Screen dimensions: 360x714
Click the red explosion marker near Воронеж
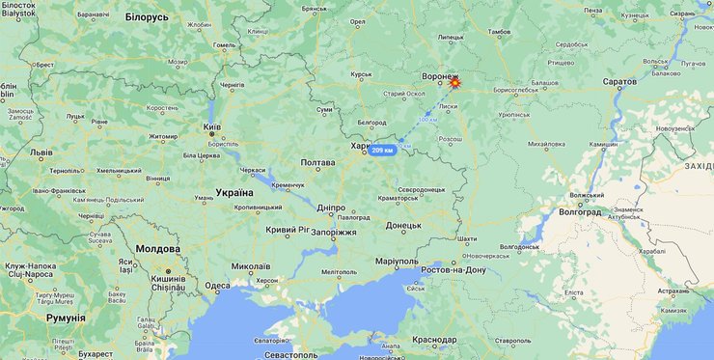(x=454, y=84)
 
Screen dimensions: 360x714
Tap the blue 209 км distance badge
(x=383, y=151)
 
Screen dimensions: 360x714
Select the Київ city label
(x=212, y=127)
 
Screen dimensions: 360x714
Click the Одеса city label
(x=217, y=286)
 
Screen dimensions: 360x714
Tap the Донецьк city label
(x=403, y=225)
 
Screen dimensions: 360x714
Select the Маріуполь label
(x=396, y=261)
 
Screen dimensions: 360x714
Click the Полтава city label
(x=317, y=163)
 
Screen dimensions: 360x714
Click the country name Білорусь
(x=147, y=17)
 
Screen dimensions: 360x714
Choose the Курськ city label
(x=361, y=74)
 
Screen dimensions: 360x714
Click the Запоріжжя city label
(x=335, y=233)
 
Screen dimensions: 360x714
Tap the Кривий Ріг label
(x=288, y=230)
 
